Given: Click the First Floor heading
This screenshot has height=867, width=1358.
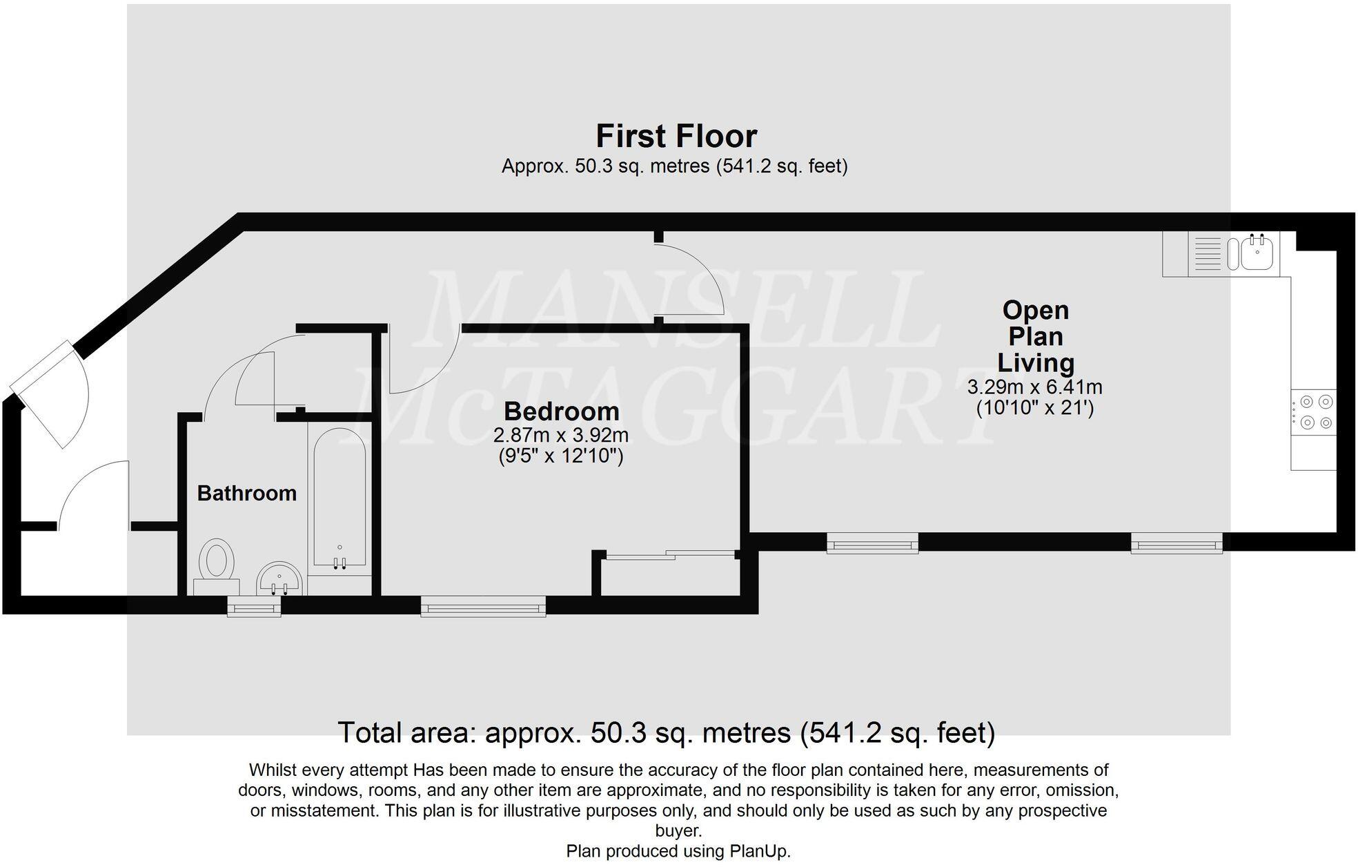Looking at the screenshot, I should [x=676, y=136].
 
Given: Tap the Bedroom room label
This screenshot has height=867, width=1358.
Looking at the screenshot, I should [x=561, y=411].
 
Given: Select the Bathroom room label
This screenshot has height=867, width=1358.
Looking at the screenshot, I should [x=246, y=493].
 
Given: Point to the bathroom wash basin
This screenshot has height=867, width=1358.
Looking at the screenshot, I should [x=279, y=578].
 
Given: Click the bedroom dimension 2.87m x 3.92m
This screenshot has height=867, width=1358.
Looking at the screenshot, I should [x=560, y=436].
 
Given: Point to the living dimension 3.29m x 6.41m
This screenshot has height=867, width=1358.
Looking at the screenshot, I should [x=1034, y=387].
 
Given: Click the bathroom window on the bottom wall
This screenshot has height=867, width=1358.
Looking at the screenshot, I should [x=254, y=607].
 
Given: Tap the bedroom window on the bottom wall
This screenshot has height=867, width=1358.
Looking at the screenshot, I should [x=483, y=607].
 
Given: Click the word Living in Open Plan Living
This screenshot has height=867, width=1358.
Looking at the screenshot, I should [x=1035, y=363].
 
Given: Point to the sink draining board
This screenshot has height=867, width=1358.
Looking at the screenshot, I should [x=1207, y=253].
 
